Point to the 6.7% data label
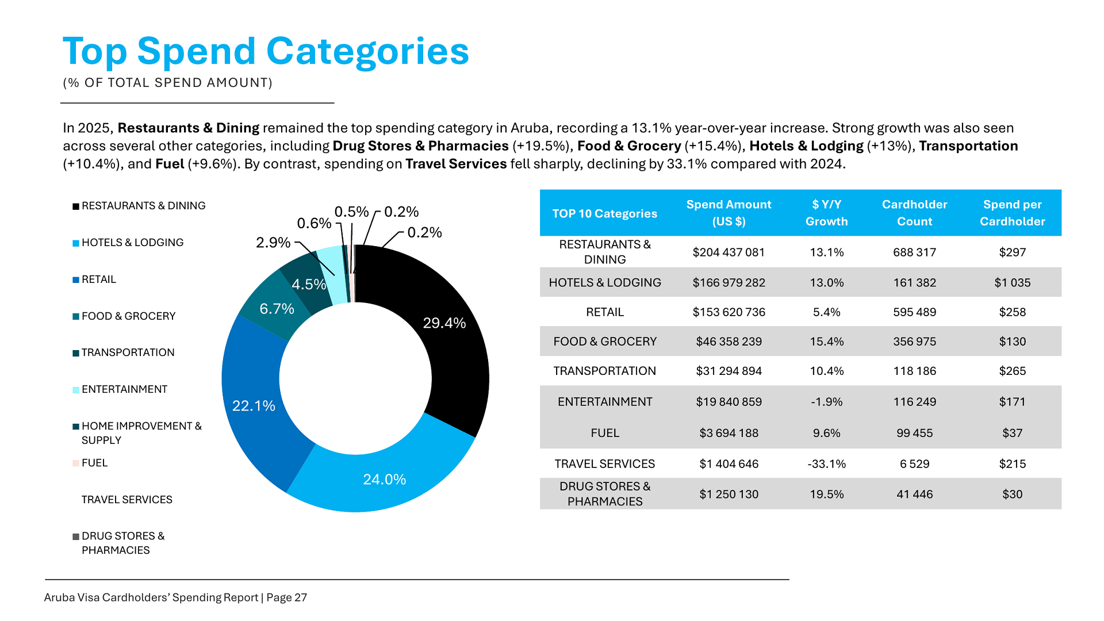277,309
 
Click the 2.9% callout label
273,243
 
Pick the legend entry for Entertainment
124,389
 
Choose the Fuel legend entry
94,463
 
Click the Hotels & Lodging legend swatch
76,243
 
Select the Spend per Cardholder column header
1012,213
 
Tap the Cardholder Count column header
914,213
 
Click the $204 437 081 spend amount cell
729,252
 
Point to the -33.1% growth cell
826,464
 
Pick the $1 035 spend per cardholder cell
1012,283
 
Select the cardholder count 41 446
914,494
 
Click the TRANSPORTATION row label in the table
604,371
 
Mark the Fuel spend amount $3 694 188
729,433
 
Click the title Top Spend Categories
266,51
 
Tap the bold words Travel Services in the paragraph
456,164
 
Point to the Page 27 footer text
286,597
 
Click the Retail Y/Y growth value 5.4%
826,312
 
